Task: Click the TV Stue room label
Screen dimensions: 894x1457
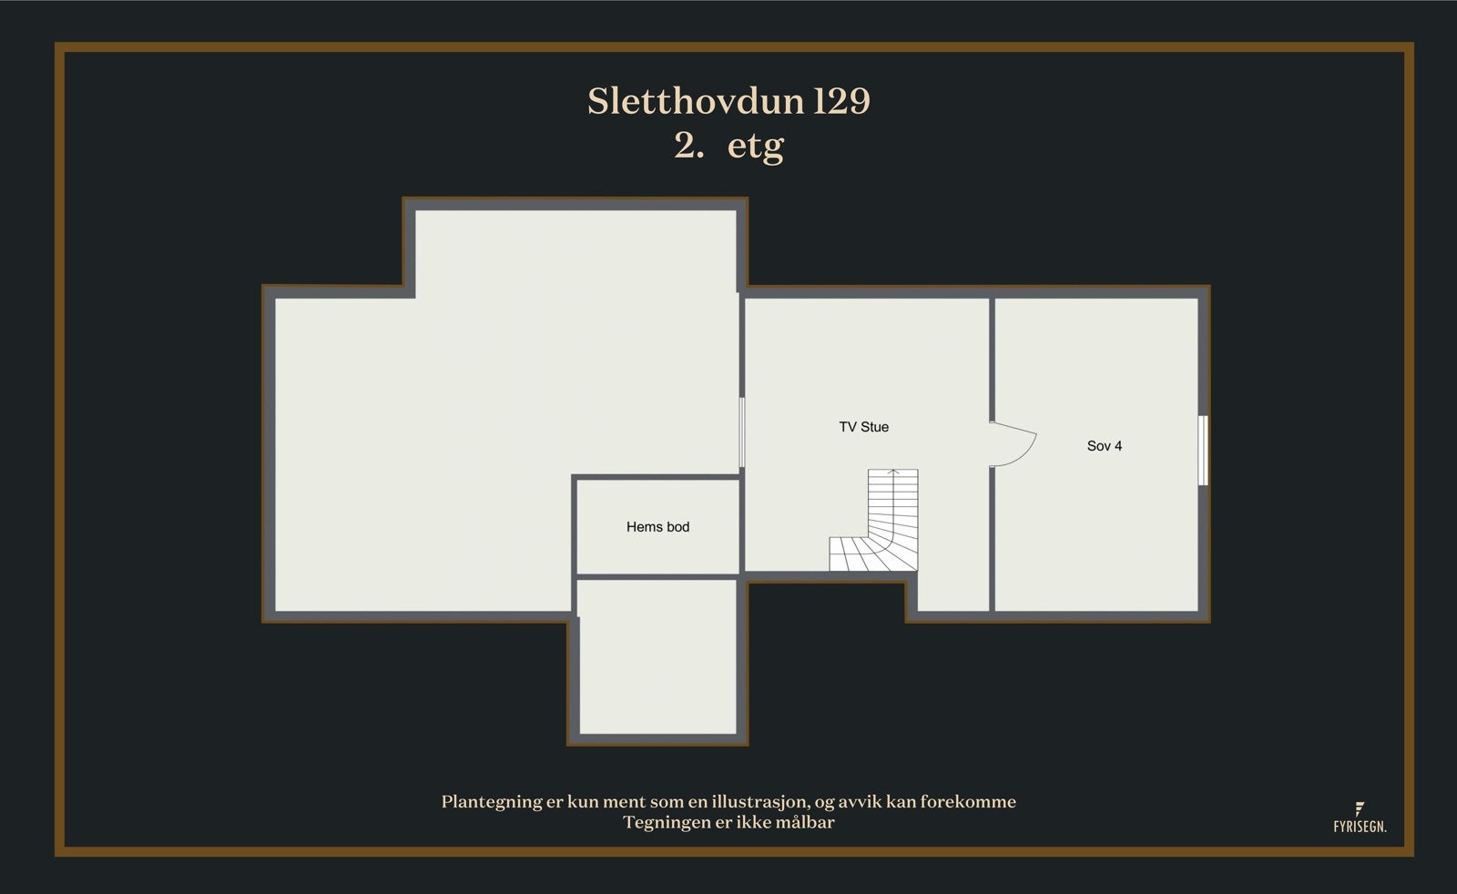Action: point(863,427)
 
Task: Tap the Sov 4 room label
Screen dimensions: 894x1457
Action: point(1104,446)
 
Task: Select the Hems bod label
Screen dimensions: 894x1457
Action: point(657,527)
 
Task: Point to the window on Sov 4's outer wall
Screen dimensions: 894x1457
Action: point(1203,450)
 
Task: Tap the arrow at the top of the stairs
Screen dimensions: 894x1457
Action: point(893,473)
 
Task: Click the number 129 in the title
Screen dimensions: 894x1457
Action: point(842,101)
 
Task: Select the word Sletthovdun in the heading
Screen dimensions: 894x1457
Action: point(696,101)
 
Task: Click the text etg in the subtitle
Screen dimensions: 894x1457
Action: point(755,146)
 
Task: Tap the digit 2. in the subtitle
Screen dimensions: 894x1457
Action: point(688,146)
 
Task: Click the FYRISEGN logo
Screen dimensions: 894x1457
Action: point(1359,818)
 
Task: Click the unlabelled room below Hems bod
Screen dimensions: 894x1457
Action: point(657,655)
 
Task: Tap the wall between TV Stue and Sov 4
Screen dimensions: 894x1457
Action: point(992,364)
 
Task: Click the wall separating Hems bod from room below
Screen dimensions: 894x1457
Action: point(657,576)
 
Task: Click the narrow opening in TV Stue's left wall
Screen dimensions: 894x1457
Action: point(742,432)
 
